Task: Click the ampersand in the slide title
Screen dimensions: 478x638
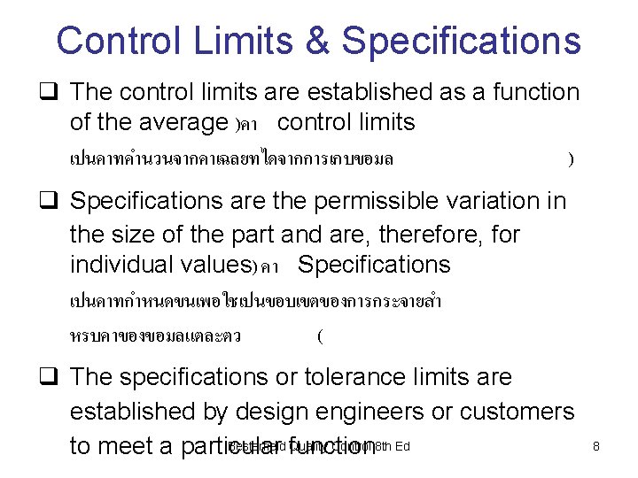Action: [318, 41]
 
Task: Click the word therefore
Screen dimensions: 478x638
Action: [424, 235]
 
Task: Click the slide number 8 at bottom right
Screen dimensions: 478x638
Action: [596, 447]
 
